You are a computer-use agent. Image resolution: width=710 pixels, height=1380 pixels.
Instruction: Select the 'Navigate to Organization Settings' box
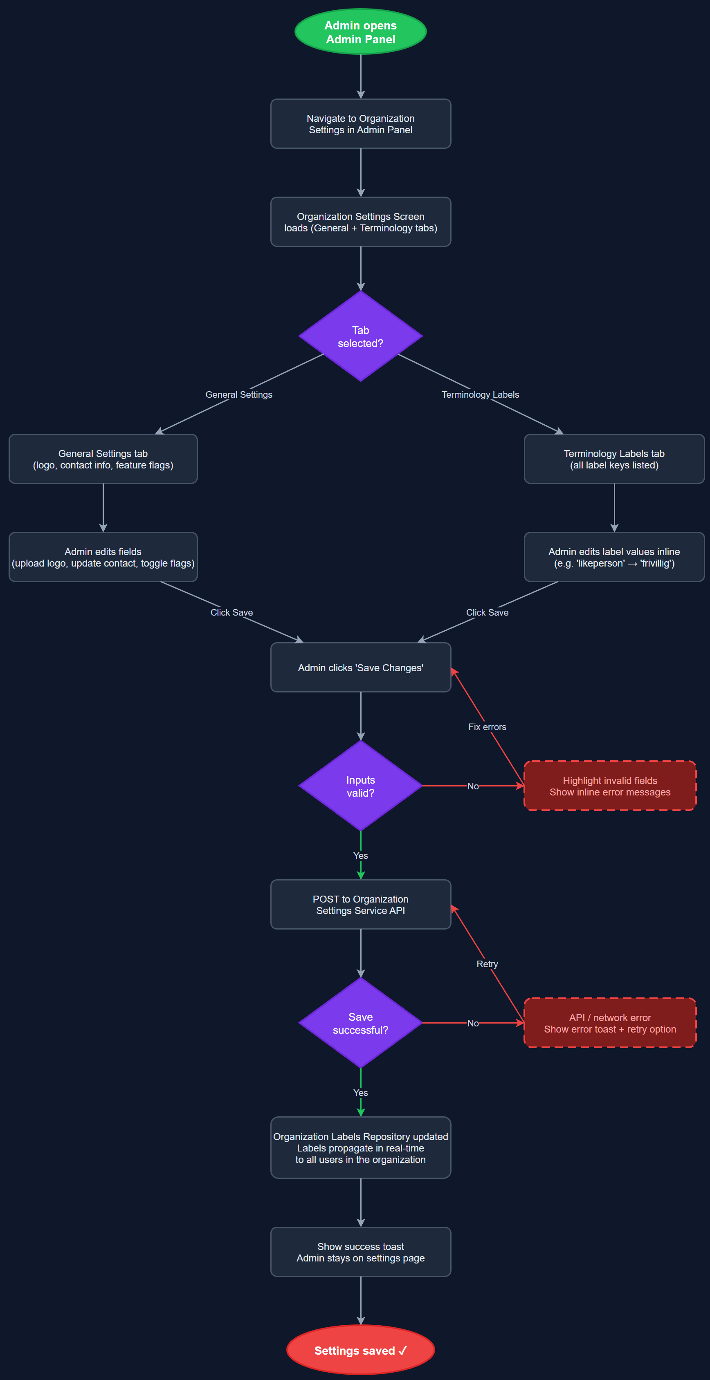pyautogui.click(x=361, y=124)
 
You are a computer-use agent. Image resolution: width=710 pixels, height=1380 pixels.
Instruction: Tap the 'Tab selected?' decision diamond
pyautogui.click(x=361, y=336)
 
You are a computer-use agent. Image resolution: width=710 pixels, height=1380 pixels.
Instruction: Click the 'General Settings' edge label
pyautogui.click(x=239, y=395)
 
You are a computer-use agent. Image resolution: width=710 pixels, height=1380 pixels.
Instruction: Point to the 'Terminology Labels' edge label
pyautogui.click(x=480, y=395)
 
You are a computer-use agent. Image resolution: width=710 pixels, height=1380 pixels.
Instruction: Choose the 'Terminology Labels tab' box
pyautogui.click(x=614, y=459)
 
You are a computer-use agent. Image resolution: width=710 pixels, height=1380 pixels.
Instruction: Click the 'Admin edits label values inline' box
pyautogui.click(x=614, y=557)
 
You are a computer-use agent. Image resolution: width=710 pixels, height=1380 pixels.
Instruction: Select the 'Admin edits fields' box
pyautogui.click(x=103, y=557)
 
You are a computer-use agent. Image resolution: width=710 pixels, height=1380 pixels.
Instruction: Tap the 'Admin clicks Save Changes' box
pyautogui.click(x=361, y=668)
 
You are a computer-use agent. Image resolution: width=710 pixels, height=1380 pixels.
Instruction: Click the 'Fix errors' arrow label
pyautogui.click(x=487, y=727)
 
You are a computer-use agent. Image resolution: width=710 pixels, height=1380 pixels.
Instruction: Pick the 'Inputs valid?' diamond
pyautogui.click(x=361, y=786)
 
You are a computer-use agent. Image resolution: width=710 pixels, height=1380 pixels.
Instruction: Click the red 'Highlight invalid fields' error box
pyautogui.click(x=610, y=786)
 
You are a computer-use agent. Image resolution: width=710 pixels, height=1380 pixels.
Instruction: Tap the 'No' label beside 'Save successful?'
pyautogui.click(x=473, y=1023)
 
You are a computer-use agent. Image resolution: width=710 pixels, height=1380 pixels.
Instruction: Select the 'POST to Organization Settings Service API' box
pyautogui.click(x=361, y=905)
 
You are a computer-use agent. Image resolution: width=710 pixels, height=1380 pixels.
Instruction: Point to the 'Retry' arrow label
pyautogui.click(x=487, y=964)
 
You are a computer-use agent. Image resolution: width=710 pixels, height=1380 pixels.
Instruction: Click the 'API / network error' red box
pyautogui.click(x=610, y=1023)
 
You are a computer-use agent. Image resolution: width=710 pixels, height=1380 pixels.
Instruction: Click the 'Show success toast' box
pyautogui.click(x=361, y=1252)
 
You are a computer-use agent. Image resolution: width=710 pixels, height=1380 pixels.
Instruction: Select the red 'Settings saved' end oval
pyautogui.click(x=361, y=1351)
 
